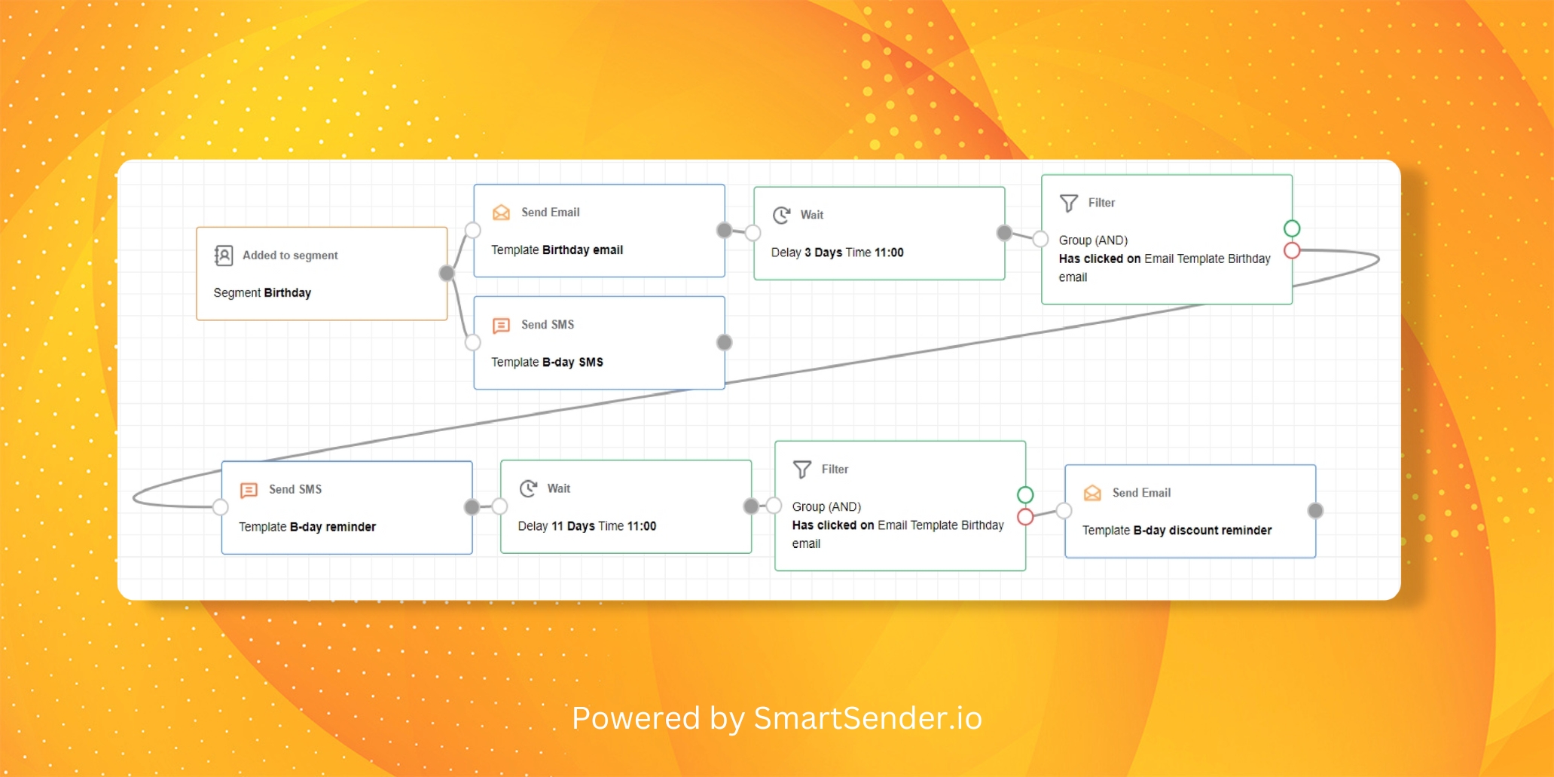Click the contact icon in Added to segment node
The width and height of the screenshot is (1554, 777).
[x=224, y=255]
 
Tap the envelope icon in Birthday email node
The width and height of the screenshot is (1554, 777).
[x=501, y=213]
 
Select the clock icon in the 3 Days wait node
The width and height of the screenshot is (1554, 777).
[x=781, y=215]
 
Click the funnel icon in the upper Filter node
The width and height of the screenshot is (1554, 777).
[x=1069, y=203]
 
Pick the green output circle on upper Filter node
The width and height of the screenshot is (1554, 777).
[x=1292, y=228]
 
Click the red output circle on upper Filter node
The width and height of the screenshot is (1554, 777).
[x=1292, y=250]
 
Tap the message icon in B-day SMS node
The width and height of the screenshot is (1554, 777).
[x=501, y=325]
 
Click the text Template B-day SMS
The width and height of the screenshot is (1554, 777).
[x=547, y=362]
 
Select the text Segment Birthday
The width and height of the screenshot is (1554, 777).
[x=262, y=292]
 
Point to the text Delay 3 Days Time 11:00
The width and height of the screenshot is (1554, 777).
[x=837, y=252]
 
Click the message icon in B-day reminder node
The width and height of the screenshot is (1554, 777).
[x=249, y=490]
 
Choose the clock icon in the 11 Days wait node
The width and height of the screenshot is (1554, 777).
[x=528, y=488]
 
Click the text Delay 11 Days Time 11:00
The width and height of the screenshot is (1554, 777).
[x=587, y=526]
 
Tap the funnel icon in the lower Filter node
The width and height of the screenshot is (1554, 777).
[x=802, y=470]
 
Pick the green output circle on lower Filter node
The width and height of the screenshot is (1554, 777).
[x=1025, y=495]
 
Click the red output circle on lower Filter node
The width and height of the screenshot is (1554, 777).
[x=1025, y=517]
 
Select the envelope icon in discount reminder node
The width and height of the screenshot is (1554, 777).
[x=1092, y=493]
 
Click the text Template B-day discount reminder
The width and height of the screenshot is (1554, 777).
[x=1177, y=530]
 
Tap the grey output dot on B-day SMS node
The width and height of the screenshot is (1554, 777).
[x=725, y=343]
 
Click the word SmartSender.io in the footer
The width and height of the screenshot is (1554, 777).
[x=868, y=718]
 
